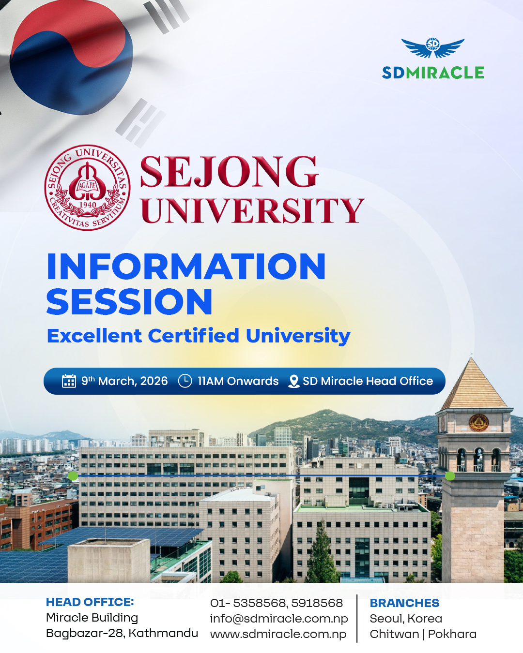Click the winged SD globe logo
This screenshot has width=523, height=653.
tap(433, 47)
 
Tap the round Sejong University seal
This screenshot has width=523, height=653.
tap(88, 187)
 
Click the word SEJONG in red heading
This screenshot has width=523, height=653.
tap(230, 171)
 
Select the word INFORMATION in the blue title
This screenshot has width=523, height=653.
tap(186, 266)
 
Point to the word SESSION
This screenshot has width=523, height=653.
tap(129, 301)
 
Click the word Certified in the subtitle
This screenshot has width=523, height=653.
tap(194, 336)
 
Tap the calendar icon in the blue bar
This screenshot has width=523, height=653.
tap(69, 381)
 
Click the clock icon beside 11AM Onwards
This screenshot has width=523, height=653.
tap(185, 381)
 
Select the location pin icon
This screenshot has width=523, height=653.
tap(293, 381)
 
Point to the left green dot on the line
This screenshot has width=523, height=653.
tap(73, 476)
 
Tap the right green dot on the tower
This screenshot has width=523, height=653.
tap(450, 476)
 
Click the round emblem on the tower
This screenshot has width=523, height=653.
tap(478, 422)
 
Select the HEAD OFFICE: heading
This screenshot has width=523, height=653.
tap(90, 602)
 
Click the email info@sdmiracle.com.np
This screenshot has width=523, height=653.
tap(279, 618)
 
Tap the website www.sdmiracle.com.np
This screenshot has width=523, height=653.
tap(278, 634)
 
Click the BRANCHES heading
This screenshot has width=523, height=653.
tap(404, 603)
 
